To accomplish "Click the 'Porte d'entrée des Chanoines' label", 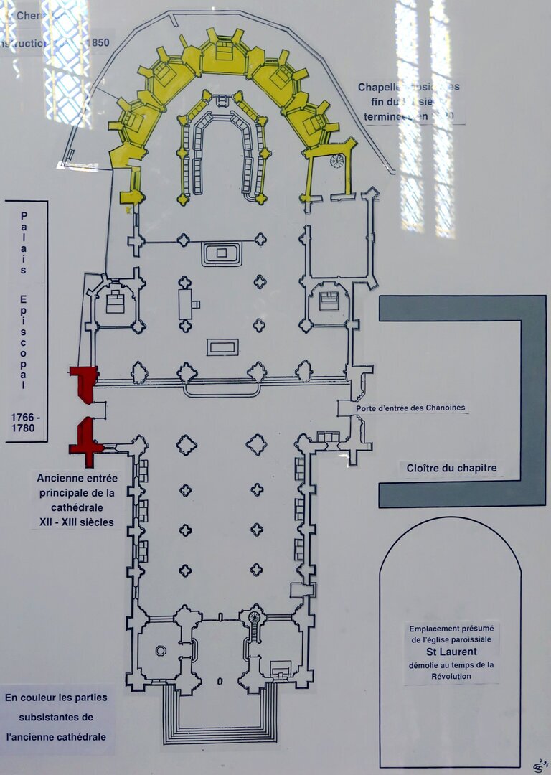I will pos(410,408).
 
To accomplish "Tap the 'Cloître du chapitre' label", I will pos(452,469).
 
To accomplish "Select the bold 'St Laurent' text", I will pos(450,652).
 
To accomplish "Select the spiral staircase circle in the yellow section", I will pos(336,161).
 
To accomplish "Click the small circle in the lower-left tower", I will pos(161,651).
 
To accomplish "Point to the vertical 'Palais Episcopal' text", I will pos(24,301).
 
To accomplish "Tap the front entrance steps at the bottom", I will pos(221,715).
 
